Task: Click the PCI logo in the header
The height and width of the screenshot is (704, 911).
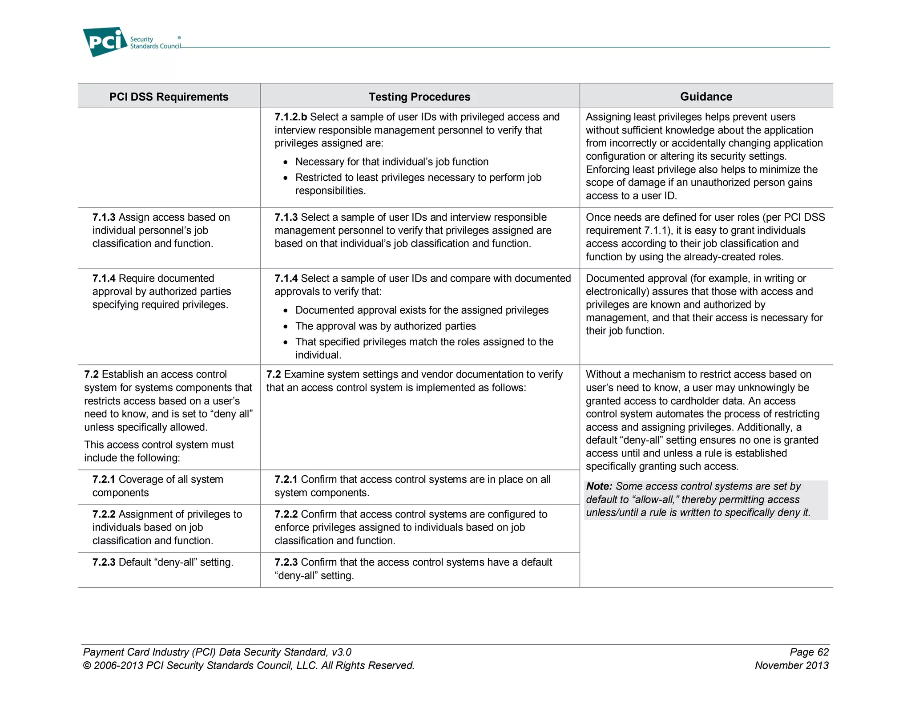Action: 105,42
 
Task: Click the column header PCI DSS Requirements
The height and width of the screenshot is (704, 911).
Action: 169,97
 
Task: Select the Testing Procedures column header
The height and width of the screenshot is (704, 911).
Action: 419,97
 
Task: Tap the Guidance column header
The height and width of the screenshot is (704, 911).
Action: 705,97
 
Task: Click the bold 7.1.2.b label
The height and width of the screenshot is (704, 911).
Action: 290,117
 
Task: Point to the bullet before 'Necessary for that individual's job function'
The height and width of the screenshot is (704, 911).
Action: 286,162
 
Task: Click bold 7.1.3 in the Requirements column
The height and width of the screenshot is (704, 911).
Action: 104,217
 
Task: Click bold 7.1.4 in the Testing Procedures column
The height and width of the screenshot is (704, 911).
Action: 286,279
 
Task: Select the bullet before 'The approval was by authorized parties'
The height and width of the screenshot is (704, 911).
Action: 286,327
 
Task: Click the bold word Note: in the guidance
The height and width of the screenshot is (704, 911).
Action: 599,486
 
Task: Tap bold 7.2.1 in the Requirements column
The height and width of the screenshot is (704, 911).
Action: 104,479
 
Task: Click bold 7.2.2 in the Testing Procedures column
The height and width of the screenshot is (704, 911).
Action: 286,514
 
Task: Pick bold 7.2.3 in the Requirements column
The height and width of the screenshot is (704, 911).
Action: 104,562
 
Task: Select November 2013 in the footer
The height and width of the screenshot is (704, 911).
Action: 791,665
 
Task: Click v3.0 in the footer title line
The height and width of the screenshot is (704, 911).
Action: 341,652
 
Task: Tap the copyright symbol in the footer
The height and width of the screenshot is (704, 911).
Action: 87,666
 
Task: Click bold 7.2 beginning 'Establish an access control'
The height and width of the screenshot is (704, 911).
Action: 91,375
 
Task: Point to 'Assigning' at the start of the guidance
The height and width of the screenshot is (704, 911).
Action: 607,117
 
